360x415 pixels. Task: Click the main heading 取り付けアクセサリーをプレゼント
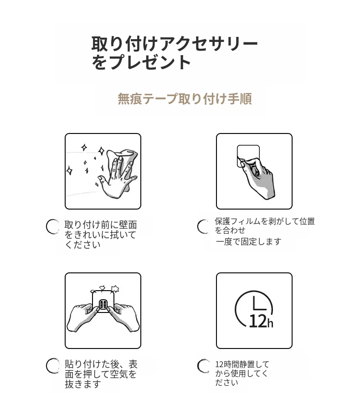tap(175, 53)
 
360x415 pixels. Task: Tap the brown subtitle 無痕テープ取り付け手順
tap(185, 99)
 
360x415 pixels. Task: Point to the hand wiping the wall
tap(117, 177)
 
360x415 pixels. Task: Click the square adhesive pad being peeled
tap(248, 155)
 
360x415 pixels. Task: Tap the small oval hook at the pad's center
tap(103, 305)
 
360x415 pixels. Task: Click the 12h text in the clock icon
tap(261, 321)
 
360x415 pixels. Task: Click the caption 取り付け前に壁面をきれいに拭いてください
tap(101, 235)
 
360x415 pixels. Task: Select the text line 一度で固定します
tap(248, 241)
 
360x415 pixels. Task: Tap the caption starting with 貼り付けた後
tap(101, 374)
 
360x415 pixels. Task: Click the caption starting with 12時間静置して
tap(242, 374)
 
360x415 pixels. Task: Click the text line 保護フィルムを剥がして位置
tap(265, 221)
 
